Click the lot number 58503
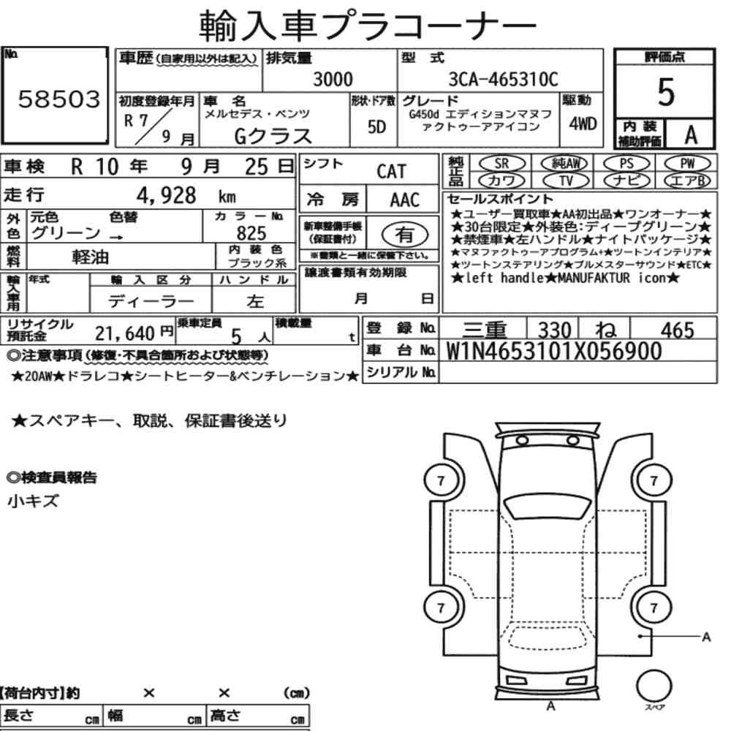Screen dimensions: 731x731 [x=59, y=99]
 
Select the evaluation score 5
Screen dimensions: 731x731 [x=666, y=92]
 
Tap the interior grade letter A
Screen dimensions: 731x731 [x=691, y=135]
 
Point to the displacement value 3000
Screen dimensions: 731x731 [x=333, y=79]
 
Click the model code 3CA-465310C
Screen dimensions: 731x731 [x=503, y=79]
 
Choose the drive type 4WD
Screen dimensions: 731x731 [x=583, y=124]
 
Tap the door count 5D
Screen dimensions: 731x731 [x=376, y=126]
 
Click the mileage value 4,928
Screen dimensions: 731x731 [x=166, y=195]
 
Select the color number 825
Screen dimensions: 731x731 [x=251, y=232]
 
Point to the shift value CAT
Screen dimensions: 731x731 [x=392, y=172]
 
